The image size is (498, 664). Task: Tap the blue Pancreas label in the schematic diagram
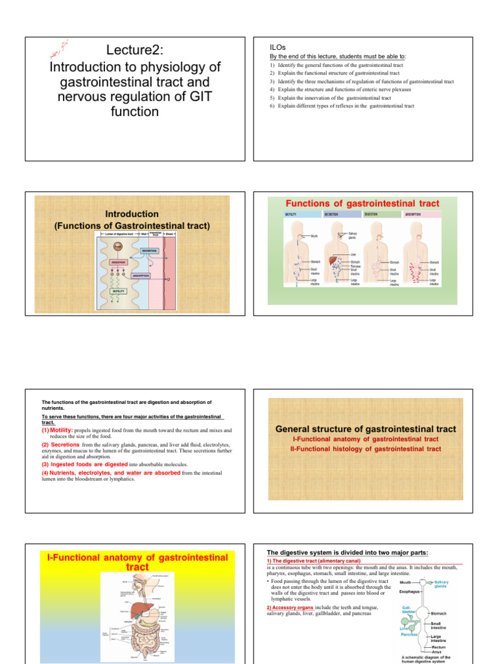[x=409, y=635]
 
